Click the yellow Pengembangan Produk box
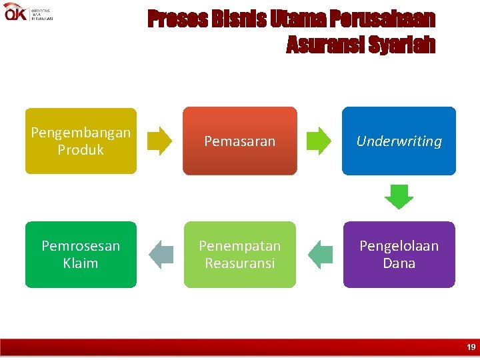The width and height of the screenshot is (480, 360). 81,141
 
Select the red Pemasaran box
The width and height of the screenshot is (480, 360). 239,141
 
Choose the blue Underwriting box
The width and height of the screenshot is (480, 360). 399,141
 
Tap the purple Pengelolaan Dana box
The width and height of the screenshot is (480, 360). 399,254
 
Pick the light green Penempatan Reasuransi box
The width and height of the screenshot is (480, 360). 239,254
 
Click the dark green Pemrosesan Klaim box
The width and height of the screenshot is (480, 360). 81,254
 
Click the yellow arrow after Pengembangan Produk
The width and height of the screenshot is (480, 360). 159,141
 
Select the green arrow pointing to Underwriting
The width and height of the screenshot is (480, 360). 319,141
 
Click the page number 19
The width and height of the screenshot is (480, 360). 471,347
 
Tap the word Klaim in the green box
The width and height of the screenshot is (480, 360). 81,263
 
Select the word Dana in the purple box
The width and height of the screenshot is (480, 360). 399,263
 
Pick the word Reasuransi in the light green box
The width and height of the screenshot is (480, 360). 239,263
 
